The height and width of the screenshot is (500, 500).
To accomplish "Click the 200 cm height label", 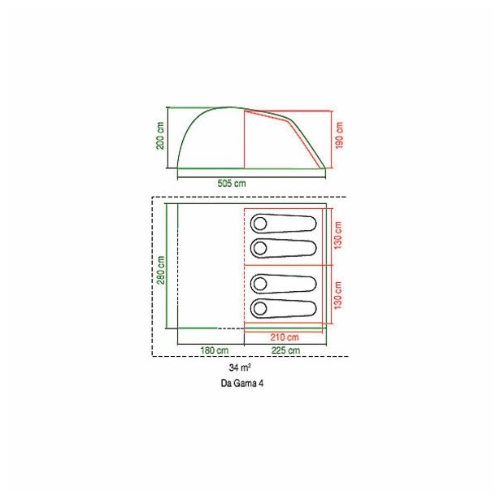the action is click(x=160, y=135).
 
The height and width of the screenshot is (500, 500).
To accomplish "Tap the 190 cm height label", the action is click(x=339, y=135).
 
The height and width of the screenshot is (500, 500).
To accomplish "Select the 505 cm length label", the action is click(x=232, y=184).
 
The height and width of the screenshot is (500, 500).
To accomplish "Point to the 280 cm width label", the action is click(x=161, y=270).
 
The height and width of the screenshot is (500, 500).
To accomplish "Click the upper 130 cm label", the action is click(x=337, y=235).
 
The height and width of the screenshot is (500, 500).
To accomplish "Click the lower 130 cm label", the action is click(x=337, y=295).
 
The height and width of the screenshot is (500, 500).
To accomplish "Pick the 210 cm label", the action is click(x=285, y=337).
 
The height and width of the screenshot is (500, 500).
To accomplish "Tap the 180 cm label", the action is click(x=215, y=350).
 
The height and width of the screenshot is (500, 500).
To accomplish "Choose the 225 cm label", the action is click(x=285, y=350).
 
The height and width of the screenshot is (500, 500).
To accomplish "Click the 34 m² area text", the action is click(x=240, y=367).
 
